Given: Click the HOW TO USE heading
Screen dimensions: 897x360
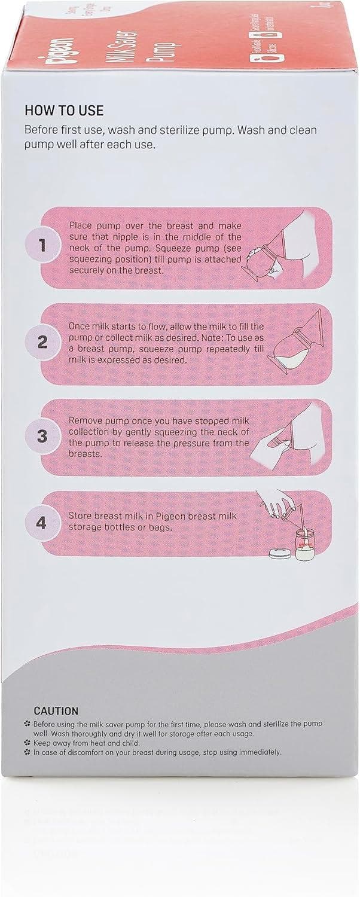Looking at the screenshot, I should [x=64, y=111].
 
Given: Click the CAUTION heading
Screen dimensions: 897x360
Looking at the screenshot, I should [x=56, y=711].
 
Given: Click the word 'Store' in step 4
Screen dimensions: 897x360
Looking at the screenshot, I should [x=81, y=518].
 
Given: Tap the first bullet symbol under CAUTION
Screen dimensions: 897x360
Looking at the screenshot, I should [x=27, y=724].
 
